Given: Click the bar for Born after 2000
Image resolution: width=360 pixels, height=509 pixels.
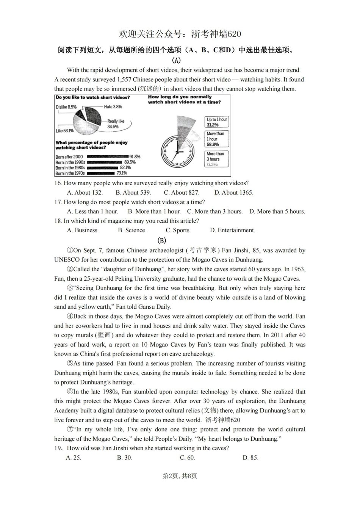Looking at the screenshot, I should (x=107, y=156).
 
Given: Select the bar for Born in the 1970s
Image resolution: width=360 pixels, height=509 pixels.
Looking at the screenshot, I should (x=101, y=173).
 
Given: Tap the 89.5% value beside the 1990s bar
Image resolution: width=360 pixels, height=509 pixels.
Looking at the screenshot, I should (x=130, y=162).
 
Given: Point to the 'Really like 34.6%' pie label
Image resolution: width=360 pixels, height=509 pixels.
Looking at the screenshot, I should (x=115, y=124).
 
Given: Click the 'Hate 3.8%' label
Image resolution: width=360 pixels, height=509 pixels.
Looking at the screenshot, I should (x=113, y=107).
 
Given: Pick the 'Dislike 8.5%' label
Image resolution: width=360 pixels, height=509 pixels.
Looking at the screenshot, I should (x=66, y=107).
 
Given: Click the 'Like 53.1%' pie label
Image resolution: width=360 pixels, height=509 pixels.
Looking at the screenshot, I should (x=64, y=131).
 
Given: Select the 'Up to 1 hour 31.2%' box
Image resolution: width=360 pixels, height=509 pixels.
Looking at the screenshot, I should (x=217, y=122).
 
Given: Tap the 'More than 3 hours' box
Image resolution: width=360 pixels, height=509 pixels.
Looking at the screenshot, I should (x=217, y=159).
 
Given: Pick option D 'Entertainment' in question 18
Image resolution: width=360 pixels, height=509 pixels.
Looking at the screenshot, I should (x=232, y=230).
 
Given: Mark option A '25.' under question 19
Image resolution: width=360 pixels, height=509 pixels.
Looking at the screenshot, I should (x=74, y=457).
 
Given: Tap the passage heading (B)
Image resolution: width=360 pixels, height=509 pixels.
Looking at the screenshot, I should (x=161, y=240).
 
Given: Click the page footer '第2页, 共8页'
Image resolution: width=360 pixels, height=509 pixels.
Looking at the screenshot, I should (x=180, y=476).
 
